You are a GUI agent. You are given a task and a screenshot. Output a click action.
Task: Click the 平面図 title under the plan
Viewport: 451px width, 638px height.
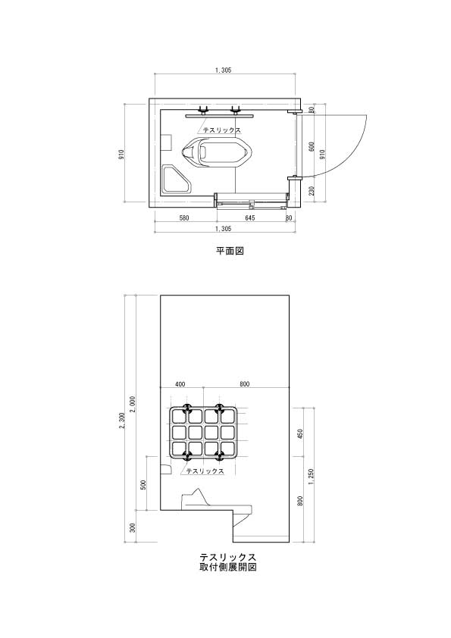[x=230, y=250]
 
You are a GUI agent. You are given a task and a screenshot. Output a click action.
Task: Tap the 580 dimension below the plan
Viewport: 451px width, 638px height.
[x=184, y=218]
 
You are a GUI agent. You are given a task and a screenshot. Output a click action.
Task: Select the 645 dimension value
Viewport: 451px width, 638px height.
[x=250, y=218]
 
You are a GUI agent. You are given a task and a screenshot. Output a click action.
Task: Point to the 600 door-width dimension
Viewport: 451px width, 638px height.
[x=312, y=146]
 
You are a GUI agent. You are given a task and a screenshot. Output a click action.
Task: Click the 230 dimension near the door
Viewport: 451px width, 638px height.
[x=312, y=190]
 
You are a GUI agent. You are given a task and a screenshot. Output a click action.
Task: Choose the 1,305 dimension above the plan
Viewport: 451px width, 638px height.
[x=223, y=70]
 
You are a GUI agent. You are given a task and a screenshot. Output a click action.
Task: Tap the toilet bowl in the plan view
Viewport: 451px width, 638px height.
[x=217, y=153]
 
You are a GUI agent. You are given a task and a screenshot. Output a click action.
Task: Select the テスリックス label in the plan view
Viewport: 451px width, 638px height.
[x=222, y=130]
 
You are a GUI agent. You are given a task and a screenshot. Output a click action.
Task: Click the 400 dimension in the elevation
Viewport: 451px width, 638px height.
[x=180, y=383]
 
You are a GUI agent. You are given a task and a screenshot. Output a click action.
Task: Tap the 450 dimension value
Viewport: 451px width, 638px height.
[x=300, y=433]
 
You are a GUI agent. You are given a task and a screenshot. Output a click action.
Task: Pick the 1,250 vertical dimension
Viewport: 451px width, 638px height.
[x=312, y=476]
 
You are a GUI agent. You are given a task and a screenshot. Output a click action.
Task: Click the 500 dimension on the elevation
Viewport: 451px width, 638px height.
[x=143, y=484]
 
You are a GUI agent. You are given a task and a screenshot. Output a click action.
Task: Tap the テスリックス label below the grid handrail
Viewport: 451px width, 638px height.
[x=205, y=471]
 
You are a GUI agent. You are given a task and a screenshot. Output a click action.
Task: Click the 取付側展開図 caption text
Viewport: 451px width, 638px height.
[x=228, y=567]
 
